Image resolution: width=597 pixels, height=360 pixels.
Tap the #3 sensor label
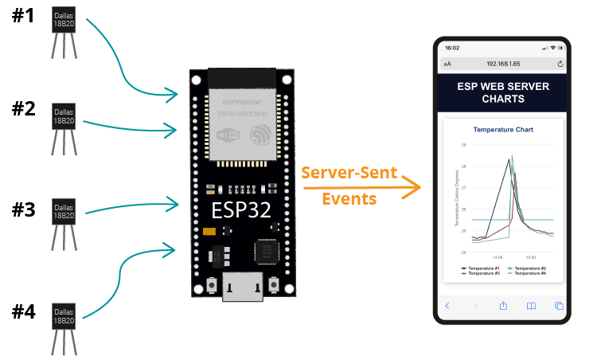(23, 210)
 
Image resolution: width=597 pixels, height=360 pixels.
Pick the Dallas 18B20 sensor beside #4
(64, 317)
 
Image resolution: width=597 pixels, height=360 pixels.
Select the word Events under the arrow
(349, 199)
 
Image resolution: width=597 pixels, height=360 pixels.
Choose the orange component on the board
(210, 233)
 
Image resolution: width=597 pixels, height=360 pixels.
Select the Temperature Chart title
(502, 129)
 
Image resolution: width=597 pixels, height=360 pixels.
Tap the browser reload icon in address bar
(560, 63)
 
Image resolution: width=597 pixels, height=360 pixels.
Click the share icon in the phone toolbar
(503, 306)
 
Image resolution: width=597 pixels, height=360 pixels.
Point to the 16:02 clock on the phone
(452, 48)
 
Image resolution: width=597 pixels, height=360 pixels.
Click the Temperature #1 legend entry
(481, 269)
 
